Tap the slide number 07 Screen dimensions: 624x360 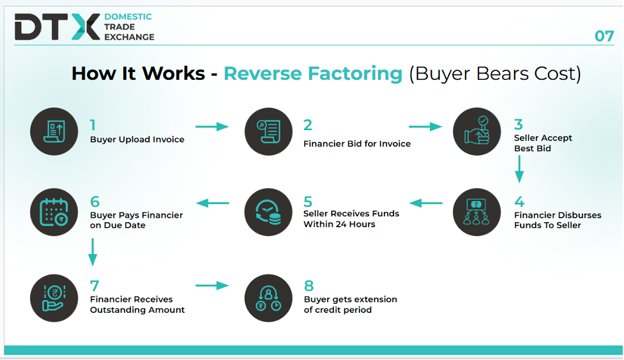coord(604,36)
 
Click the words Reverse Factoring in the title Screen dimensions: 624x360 coord(313,73)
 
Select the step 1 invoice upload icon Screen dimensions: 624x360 coord(54,131)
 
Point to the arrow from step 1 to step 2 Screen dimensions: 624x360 coord(212,127)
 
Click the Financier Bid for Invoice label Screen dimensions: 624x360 coord(357,144)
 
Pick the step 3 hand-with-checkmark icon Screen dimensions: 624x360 coord(476,131)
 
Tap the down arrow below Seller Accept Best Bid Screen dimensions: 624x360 coord(519,169)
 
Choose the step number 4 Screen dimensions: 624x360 coord(519,202)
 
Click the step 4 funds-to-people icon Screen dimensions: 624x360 coord(476,212)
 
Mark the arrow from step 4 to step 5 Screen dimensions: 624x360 coord(426,203)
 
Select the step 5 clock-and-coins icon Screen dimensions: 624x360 coord(268,212)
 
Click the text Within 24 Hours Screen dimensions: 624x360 coord(339,224)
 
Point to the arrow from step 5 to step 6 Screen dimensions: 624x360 coord(213,203)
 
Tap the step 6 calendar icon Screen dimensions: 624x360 coord(54,212)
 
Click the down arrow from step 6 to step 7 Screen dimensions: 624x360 coord(93,252)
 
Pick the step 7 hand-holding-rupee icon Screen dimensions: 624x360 coord(54,298)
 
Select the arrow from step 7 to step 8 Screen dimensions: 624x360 coord(212,285)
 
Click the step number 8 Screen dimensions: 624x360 coord(309,286)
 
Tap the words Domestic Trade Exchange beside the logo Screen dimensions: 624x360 coord(129,27)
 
